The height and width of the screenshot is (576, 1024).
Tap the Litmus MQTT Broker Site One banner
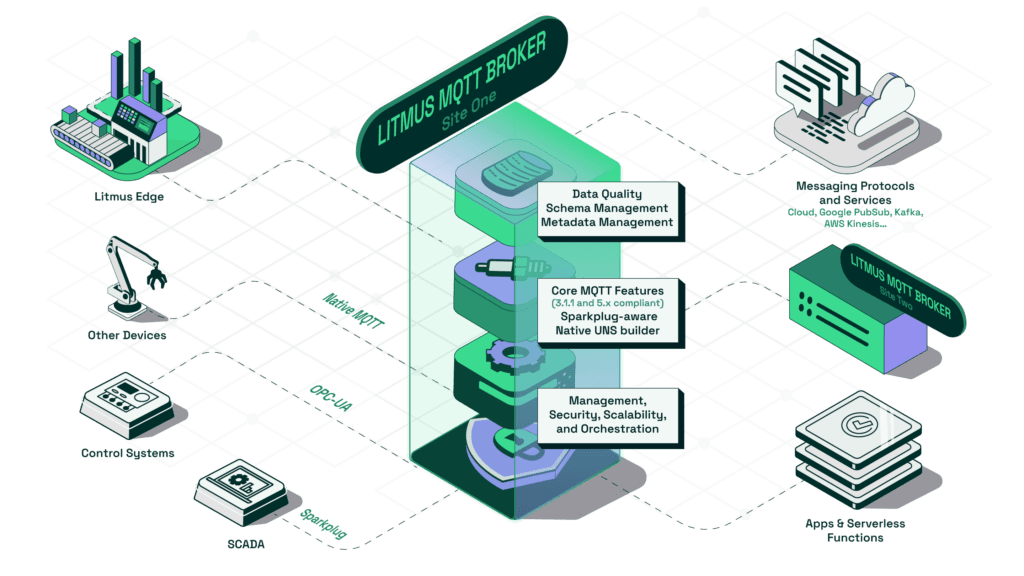(x=461, y=91)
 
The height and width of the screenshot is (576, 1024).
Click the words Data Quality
(x=607, y=193)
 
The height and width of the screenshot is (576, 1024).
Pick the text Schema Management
(x=607, y=207)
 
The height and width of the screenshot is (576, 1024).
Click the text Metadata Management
(x=607, y=222)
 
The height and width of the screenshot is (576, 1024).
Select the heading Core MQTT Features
(x=607, y=290)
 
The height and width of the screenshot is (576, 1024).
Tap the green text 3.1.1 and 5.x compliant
(x=607, y=303)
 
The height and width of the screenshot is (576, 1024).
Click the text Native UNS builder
(x=607, y=331)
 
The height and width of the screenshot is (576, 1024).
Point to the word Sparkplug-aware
(x=607, y=317)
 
